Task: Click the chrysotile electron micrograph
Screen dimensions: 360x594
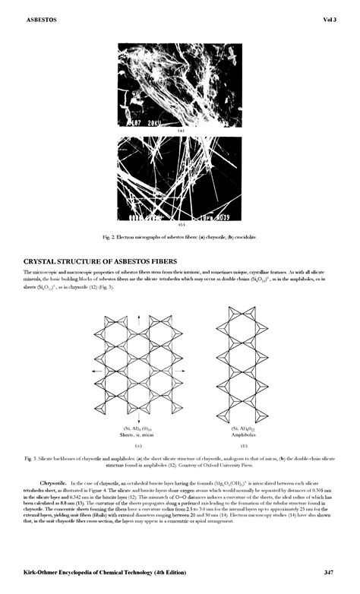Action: tap(180, 84)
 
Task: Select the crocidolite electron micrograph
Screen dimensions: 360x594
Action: tap(180, 178)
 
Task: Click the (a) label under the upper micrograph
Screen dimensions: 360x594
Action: tap(180, 131)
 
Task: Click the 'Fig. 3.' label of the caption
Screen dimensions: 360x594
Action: tap(31, 459)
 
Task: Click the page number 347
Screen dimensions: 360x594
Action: tap(329, 571)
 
